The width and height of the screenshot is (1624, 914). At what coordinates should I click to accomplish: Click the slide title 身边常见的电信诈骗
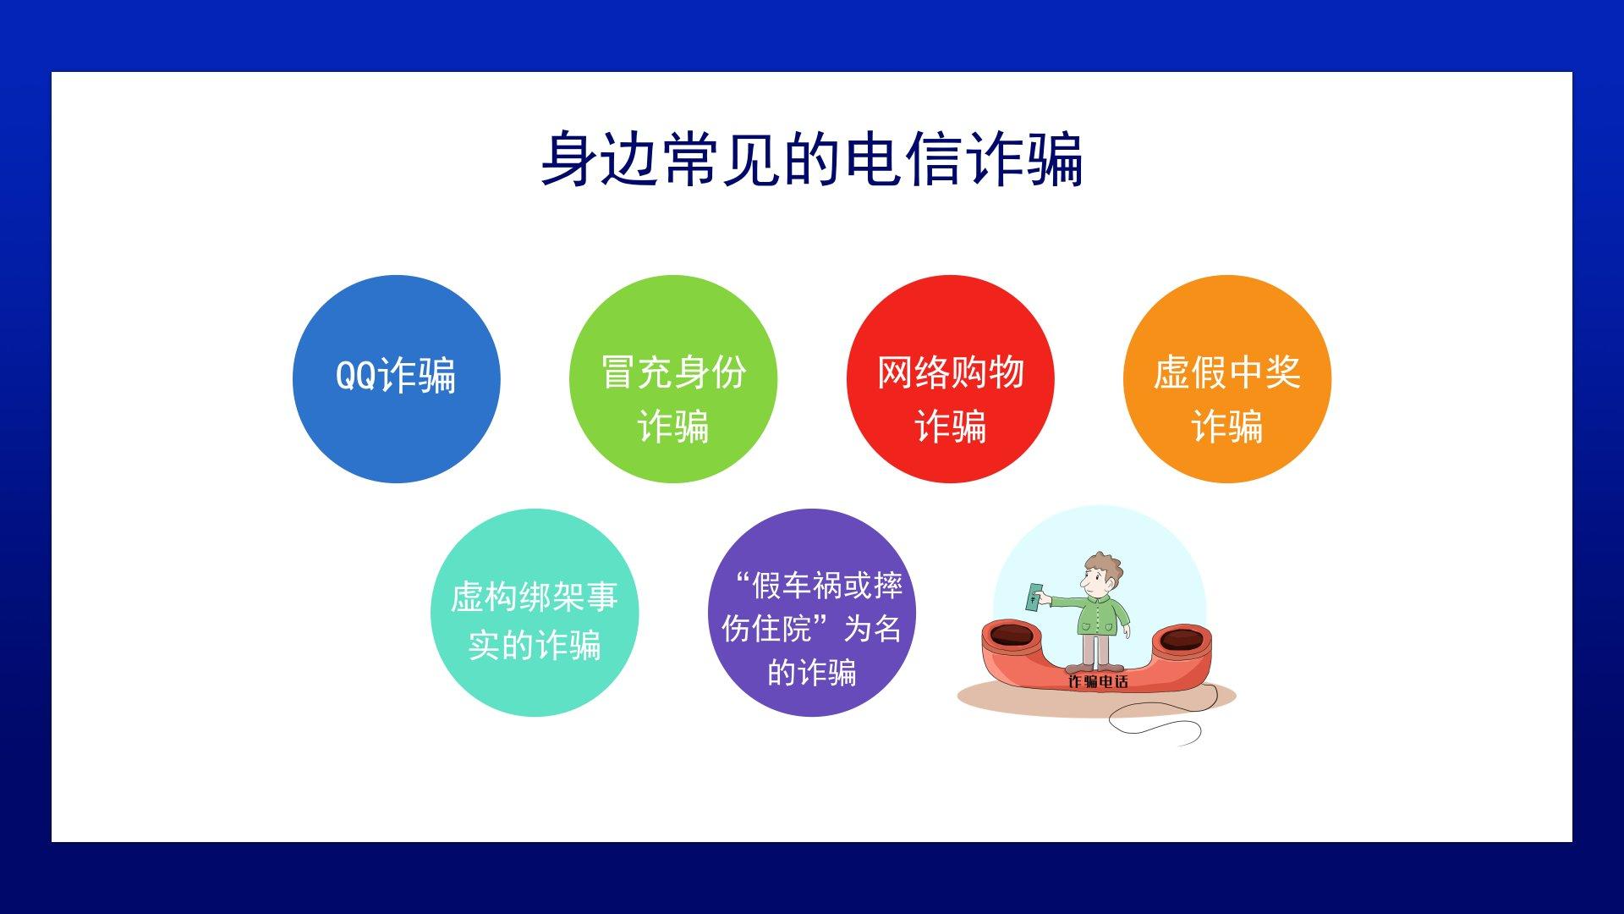point(812,158)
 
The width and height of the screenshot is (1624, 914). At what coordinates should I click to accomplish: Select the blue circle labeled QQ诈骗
point(397,379)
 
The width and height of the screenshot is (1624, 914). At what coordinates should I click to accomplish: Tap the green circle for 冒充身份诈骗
point(673,379)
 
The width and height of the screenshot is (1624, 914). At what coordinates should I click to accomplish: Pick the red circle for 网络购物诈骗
point(951,379)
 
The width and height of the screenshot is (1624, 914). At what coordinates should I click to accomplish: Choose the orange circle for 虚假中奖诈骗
point(1227,379)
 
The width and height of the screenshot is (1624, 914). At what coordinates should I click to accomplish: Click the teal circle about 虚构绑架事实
point(535,613)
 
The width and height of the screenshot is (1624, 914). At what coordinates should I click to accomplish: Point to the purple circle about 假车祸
point(812,613)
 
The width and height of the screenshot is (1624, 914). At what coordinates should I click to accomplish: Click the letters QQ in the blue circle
point(356,375)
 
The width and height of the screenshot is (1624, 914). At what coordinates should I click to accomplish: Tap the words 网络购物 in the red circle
point(951,372)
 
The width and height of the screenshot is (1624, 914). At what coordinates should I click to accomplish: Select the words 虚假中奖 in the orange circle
point(1227,372)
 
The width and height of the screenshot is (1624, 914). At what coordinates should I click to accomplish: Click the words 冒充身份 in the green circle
point(673,372)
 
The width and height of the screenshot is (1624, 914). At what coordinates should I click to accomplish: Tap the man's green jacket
point(1101,616)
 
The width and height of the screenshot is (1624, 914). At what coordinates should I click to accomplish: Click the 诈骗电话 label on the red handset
point(1098,681)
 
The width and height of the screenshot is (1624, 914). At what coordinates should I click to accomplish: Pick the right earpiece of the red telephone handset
point(1182,638)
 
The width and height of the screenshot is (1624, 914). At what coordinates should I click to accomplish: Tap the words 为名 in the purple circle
point(872,629)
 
